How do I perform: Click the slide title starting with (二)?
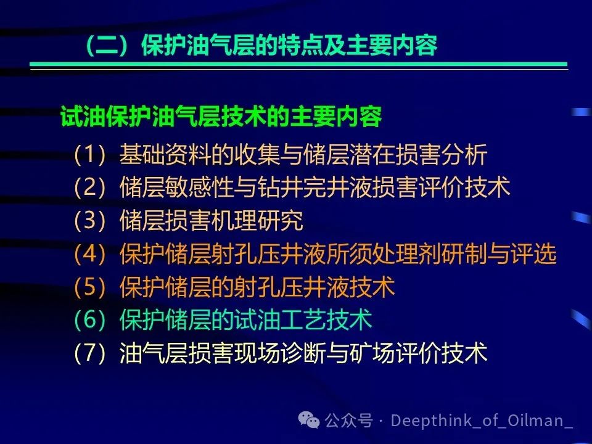(x=261, y=45)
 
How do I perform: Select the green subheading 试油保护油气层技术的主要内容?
(x=221, y=116)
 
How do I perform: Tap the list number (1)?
(x=89, y=154)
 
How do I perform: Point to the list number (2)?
(x=89, y=187)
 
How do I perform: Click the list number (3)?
(x=89, y=220)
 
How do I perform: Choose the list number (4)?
(x=89, y=253)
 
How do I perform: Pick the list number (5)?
(x=89, y=287)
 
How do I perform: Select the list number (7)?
(x=89, y=353)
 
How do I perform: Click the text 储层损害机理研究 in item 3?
(x=212, y=220)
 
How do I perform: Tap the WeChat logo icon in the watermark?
(x=309, y=420)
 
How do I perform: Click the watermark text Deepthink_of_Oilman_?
(x=482, y=421)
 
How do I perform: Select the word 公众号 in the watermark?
(x=348, y=420)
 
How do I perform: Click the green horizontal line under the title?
(x=298, y=65)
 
